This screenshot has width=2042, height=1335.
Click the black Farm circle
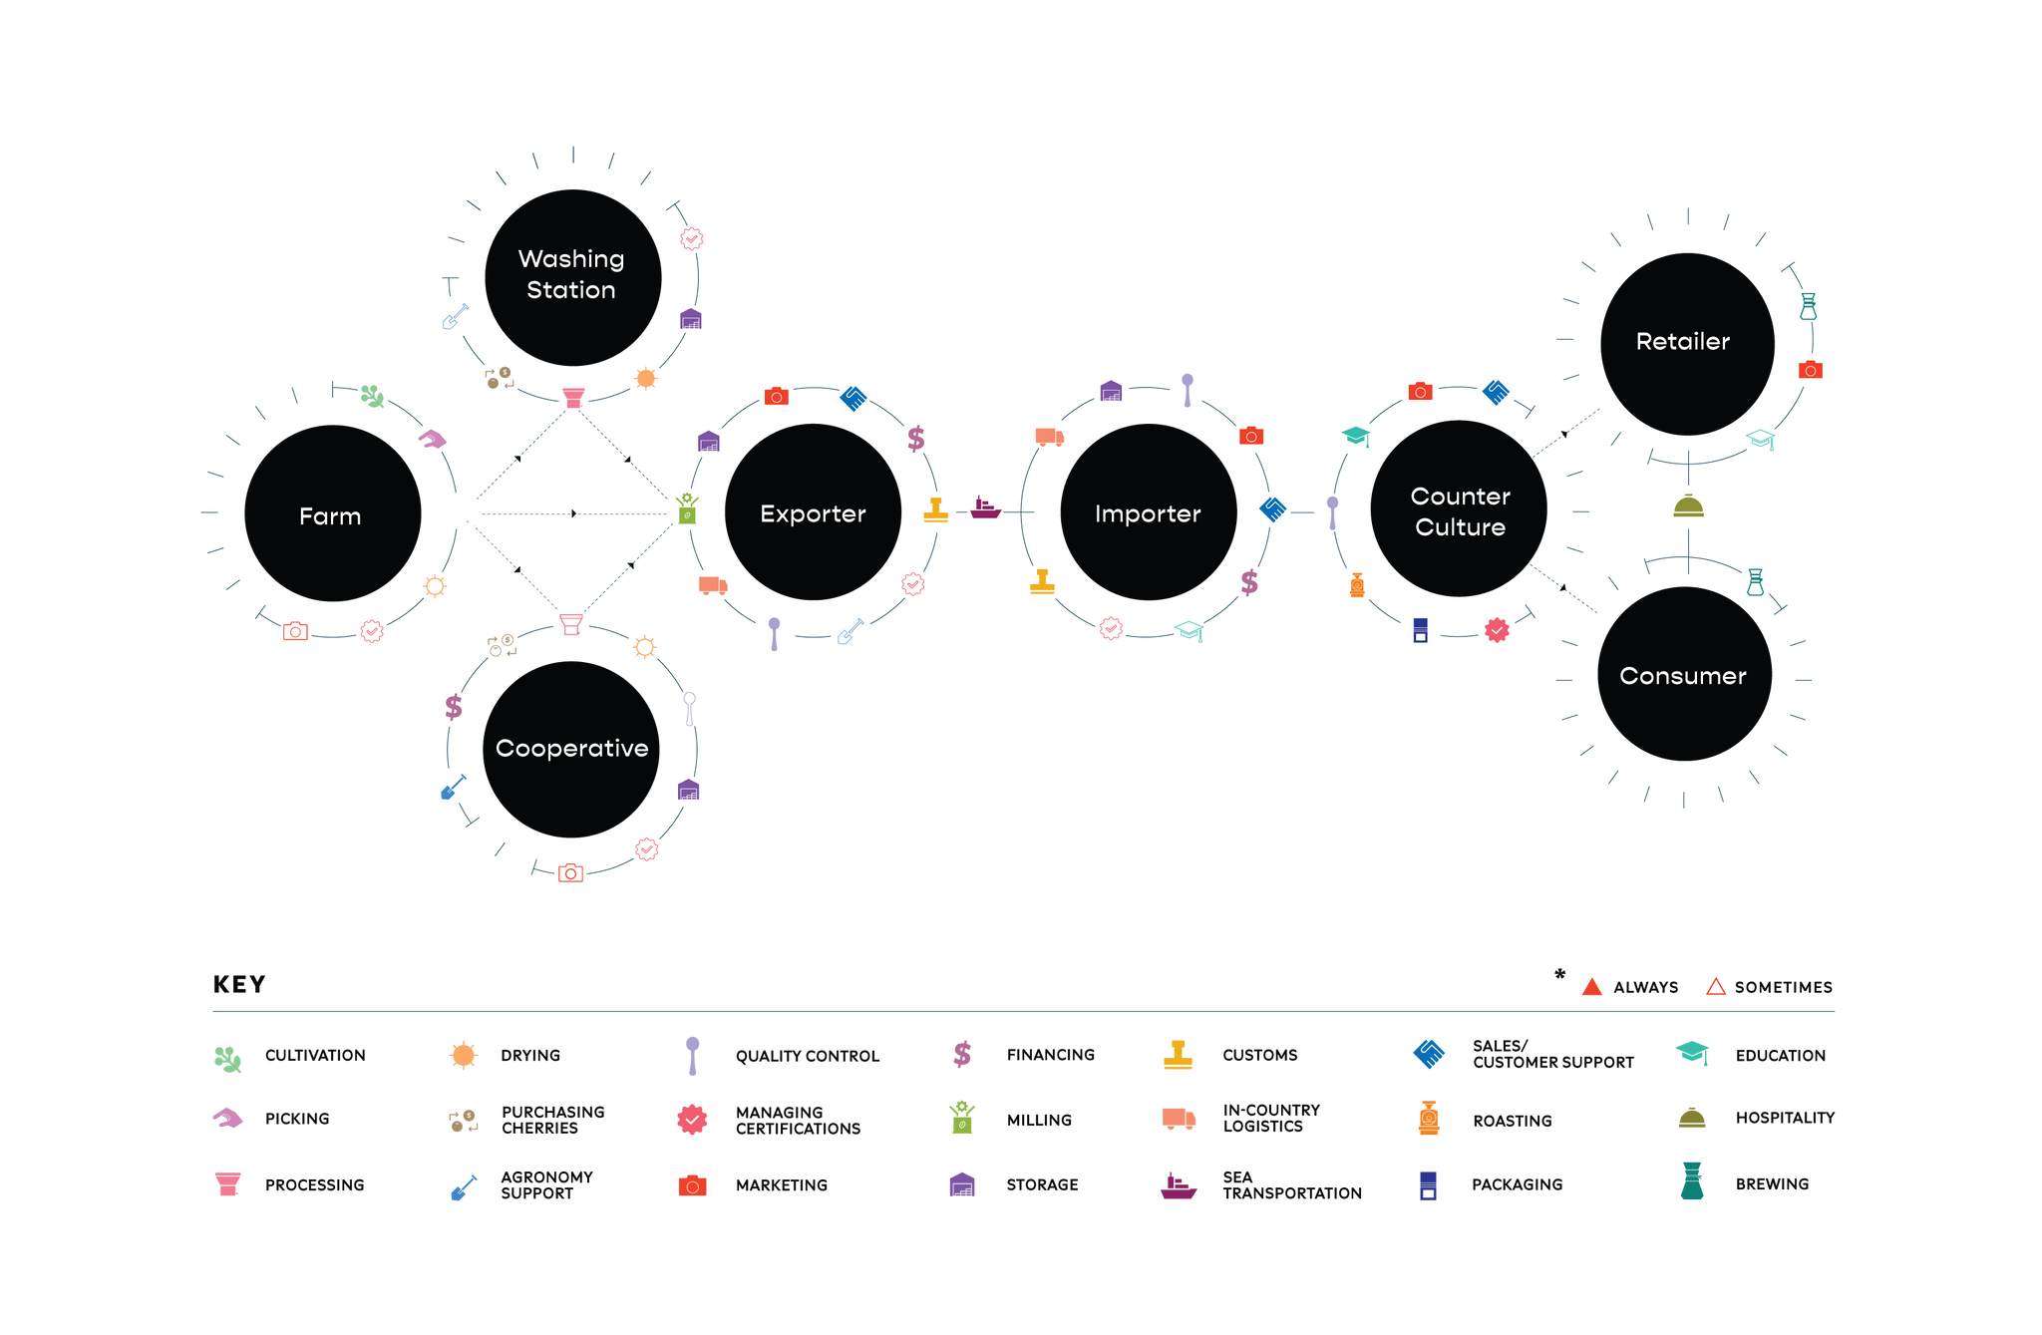(x=333, y=513)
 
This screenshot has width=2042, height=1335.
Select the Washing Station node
(x=573, y=277)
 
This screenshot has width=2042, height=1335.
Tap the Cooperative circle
(x=571, y=749)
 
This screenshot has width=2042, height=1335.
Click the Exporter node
(x=813, y=512)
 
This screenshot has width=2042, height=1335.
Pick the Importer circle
(x=1149, y=512)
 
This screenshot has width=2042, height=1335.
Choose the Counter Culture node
(x=1459, y=508)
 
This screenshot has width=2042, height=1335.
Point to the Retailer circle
(x=1687, y=344)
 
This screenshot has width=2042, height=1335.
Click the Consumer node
(x=1684, y=674)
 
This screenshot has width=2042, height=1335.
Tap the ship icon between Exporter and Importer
(x=985, y=507)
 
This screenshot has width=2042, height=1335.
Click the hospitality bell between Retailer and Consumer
(x=1688, y=506)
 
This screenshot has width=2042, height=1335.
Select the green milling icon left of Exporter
(x=687, y=508)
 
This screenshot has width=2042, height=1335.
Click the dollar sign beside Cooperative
(x=454, y=707)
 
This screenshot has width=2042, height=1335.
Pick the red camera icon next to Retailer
(x=1811, y=370)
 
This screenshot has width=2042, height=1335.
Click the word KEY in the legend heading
(x=239, y=985)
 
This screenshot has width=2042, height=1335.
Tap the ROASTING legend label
(x=1513, y=1121)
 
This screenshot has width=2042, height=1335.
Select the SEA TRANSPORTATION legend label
(x=1292, y=1185)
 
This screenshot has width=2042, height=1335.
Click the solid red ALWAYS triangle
(x=1592, y=987)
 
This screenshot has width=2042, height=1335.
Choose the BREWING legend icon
(x=1692, y=1180)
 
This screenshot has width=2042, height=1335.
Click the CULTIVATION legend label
(x=315, y=1056)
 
